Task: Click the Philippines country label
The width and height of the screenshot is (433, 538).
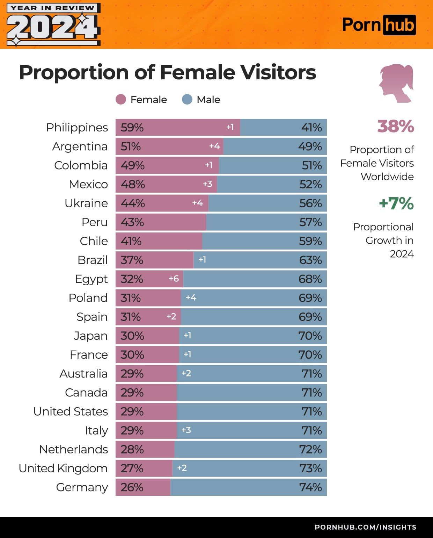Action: click(x=77, y=128)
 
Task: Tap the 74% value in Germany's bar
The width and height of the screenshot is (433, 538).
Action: click(x=310, y=487)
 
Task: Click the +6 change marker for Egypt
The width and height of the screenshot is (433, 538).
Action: click(x=174, y=279)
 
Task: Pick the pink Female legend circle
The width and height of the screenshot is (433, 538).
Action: click(x=120, y=100)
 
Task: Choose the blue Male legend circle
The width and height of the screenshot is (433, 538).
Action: click(x=187, y=100)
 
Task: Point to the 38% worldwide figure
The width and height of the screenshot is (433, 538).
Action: click(x=395, y=126)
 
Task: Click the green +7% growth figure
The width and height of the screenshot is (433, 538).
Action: click(x=396, y=203)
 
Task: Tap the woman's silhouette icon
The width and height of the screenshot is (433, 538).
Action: click(x=396, y=83)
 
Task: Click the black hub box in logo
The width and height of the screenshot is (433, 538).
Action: click(x=399, y=25)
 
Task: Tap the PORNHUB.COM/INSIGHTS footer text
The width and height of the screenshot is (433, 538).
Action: click(x=365, y=527)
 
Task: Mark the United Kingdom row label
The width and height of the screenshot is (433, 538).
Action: click(x=63, y=468)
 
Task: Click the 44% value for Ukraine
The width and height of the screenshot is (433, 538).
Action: click(x=133, y=203)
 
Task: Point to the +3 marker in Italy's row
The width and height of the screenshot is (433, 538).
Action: click(x=186, y=430)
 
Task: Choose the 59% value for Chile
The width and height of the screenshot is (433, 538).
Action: click(x=310, y=241)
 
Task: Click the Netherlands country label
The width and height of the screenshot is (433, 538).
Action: click(x=73, y=449)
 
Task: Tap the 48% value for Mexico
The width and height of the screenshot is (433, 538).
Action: click(x=133, y=184)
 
